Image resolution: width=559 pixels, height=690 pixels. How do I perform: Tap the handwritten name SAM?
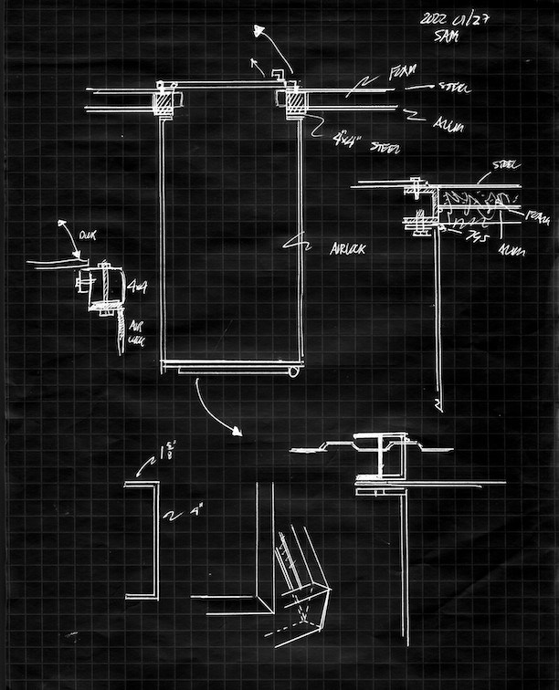(x=448, y=37)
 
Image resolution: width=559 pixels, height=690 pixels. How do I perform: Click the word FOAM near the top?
(x=402, y=71)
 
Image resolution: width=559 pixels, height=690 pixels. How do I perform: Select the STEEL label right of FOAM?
(x=453, y=88)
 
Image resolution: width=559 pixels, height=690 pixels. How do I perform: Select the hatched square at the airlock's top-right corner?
(x=298, y=102)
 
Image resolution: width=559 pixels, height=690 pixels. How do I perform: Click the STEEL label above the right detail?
(x=505, y=165)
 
